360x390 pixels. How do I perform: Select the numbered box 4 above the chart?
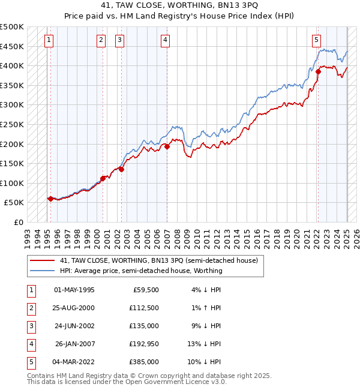click(x=164, y=40)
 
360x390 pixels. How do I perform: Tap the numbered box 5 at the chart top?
click(x=316, y=40)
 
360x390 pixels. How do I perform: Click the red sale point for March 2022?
click(x=318, y=72)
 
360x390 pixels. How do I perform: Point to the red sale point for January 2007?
click(x=167, y=146)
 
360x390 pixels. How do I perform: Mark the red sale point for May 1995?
click(x=50, y=199)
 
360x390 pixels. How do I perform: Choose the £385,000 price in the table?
click(x=145, y=362)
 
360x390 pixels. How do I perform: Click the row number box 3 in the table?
click(x=30, y=326)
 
